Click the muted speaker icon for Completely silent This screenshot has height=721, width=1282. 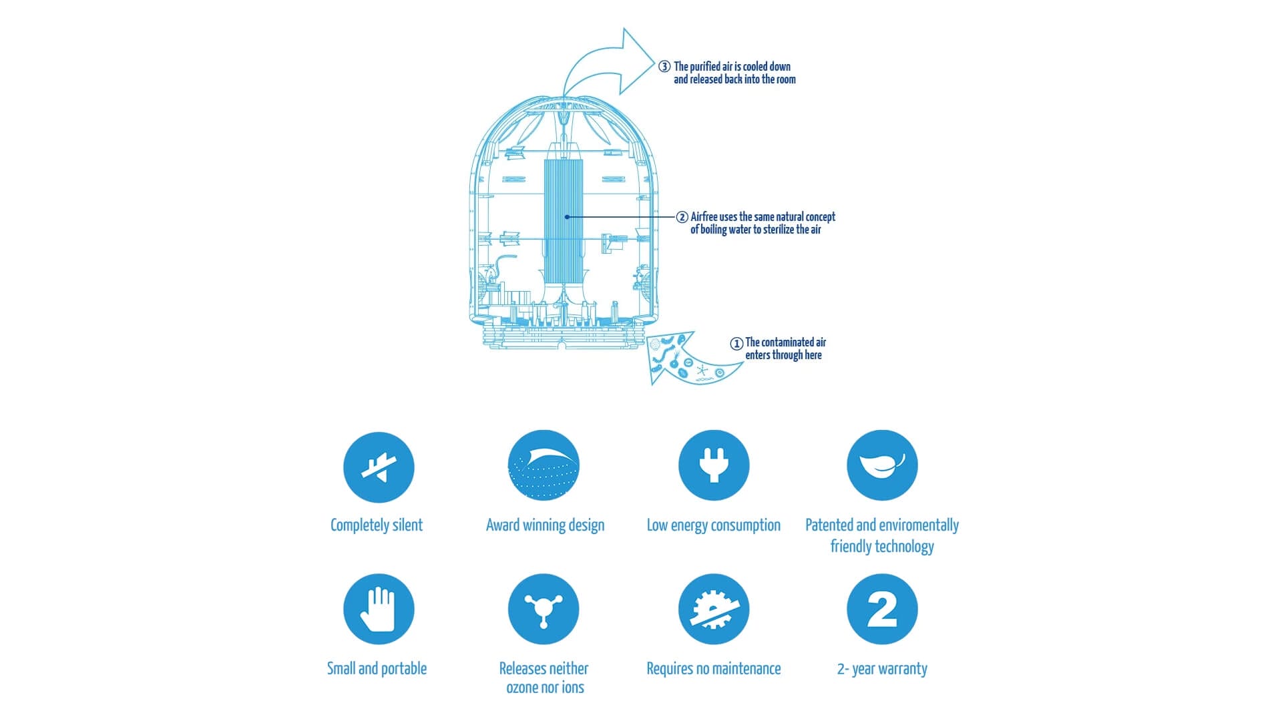[x=379, y=467]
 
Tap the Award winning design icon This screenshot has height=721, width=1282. [x=544, y=465]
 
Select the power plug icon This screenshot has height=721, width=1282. [x=714, y=465]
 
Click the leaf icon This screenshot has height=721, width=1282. [x=882, y=465]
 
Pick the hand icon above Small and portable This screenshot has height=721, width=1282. [x=379, y=609]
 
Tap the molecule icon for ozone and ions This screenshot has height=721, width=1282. [x=544, y=609]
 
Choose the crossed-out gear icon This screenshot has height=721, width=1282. [x=714, y=609]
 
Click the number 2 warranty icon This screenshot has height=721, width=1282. [x=882, y=609]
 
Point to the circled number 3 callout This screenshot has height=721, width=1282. [x=664, y=67]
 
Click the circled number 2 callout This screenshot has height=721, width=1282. [x=682, y=217]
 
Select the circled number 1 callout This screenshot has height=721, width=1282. [x=736, y=344]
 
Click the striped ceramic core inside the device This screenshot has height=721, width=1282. [x=564, y=220]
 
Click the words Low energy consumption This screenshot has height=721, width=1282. [x=713, y=525]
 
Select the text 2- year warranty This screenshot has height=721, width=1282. [x=882, y=669]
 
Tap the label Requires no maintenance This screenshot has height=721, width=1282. [x=713, y=669]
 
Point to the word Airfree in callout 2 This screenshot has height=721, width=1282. [x=704, y=217]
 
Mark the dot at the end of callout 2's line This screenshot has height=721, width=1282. [x=567, y=217]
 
